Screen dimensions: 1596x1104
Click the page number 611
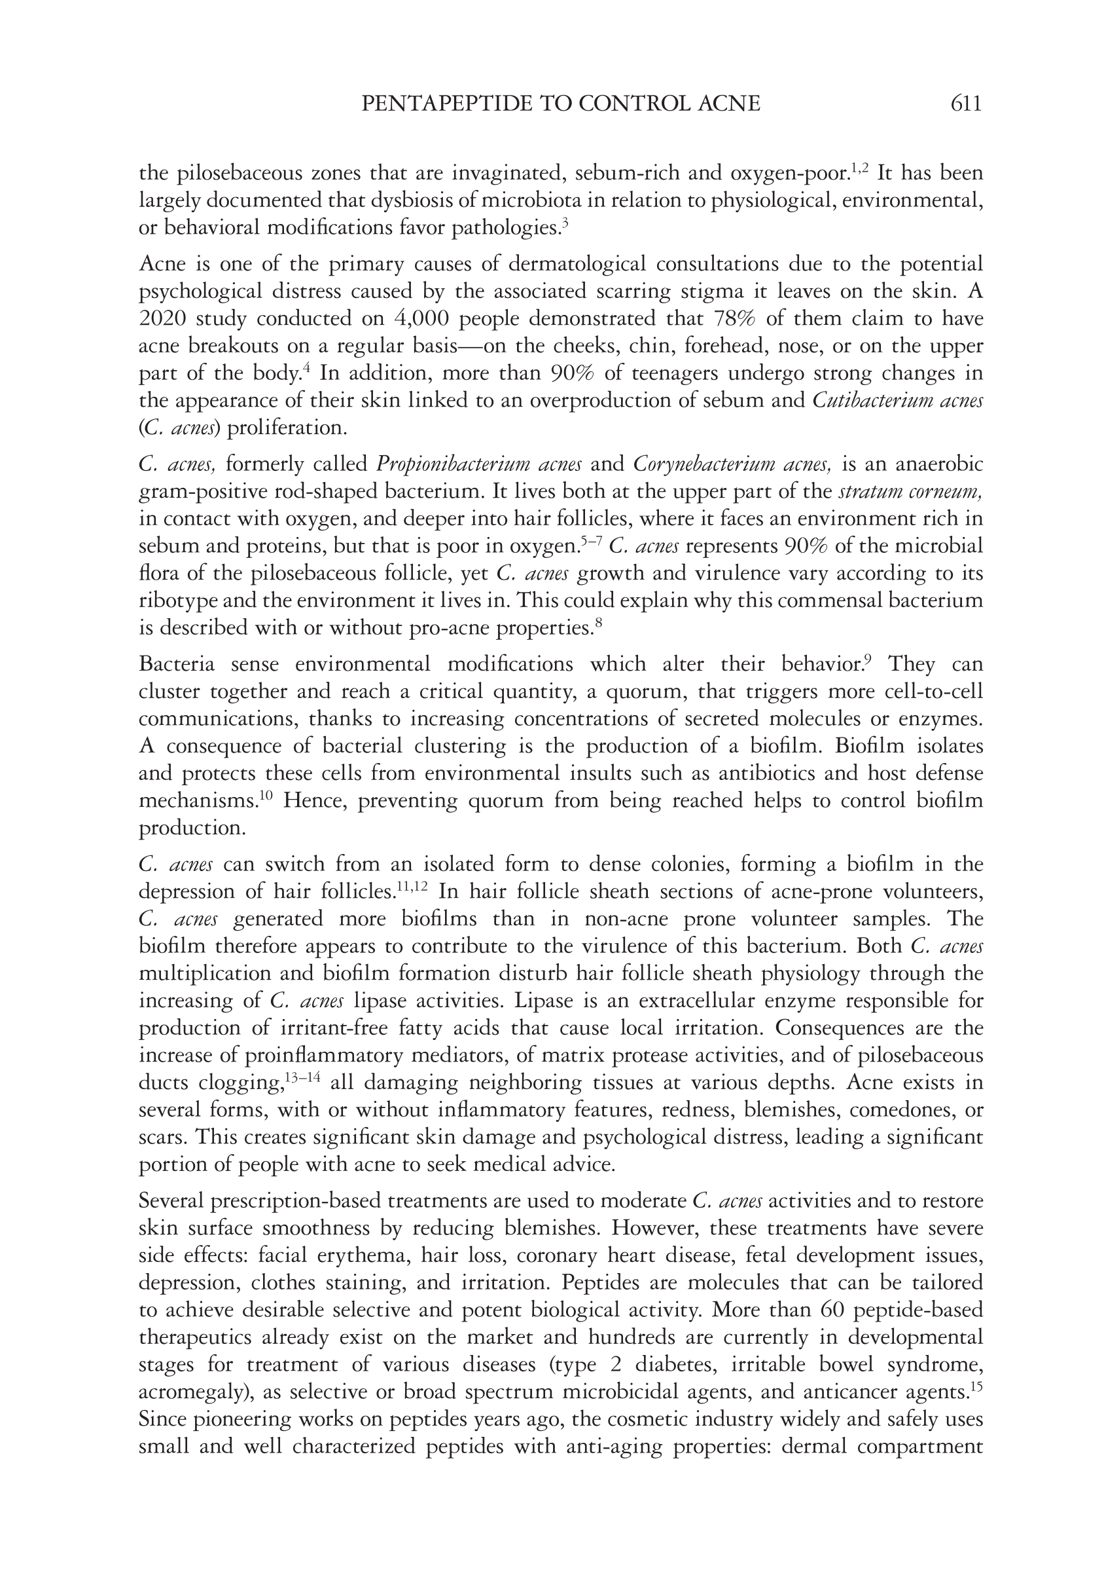(966, 104)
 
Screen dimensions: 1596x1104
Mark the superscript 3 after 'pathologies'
(565, 222)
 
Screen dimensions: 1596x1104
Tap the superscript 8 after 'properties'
(598, 622)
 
